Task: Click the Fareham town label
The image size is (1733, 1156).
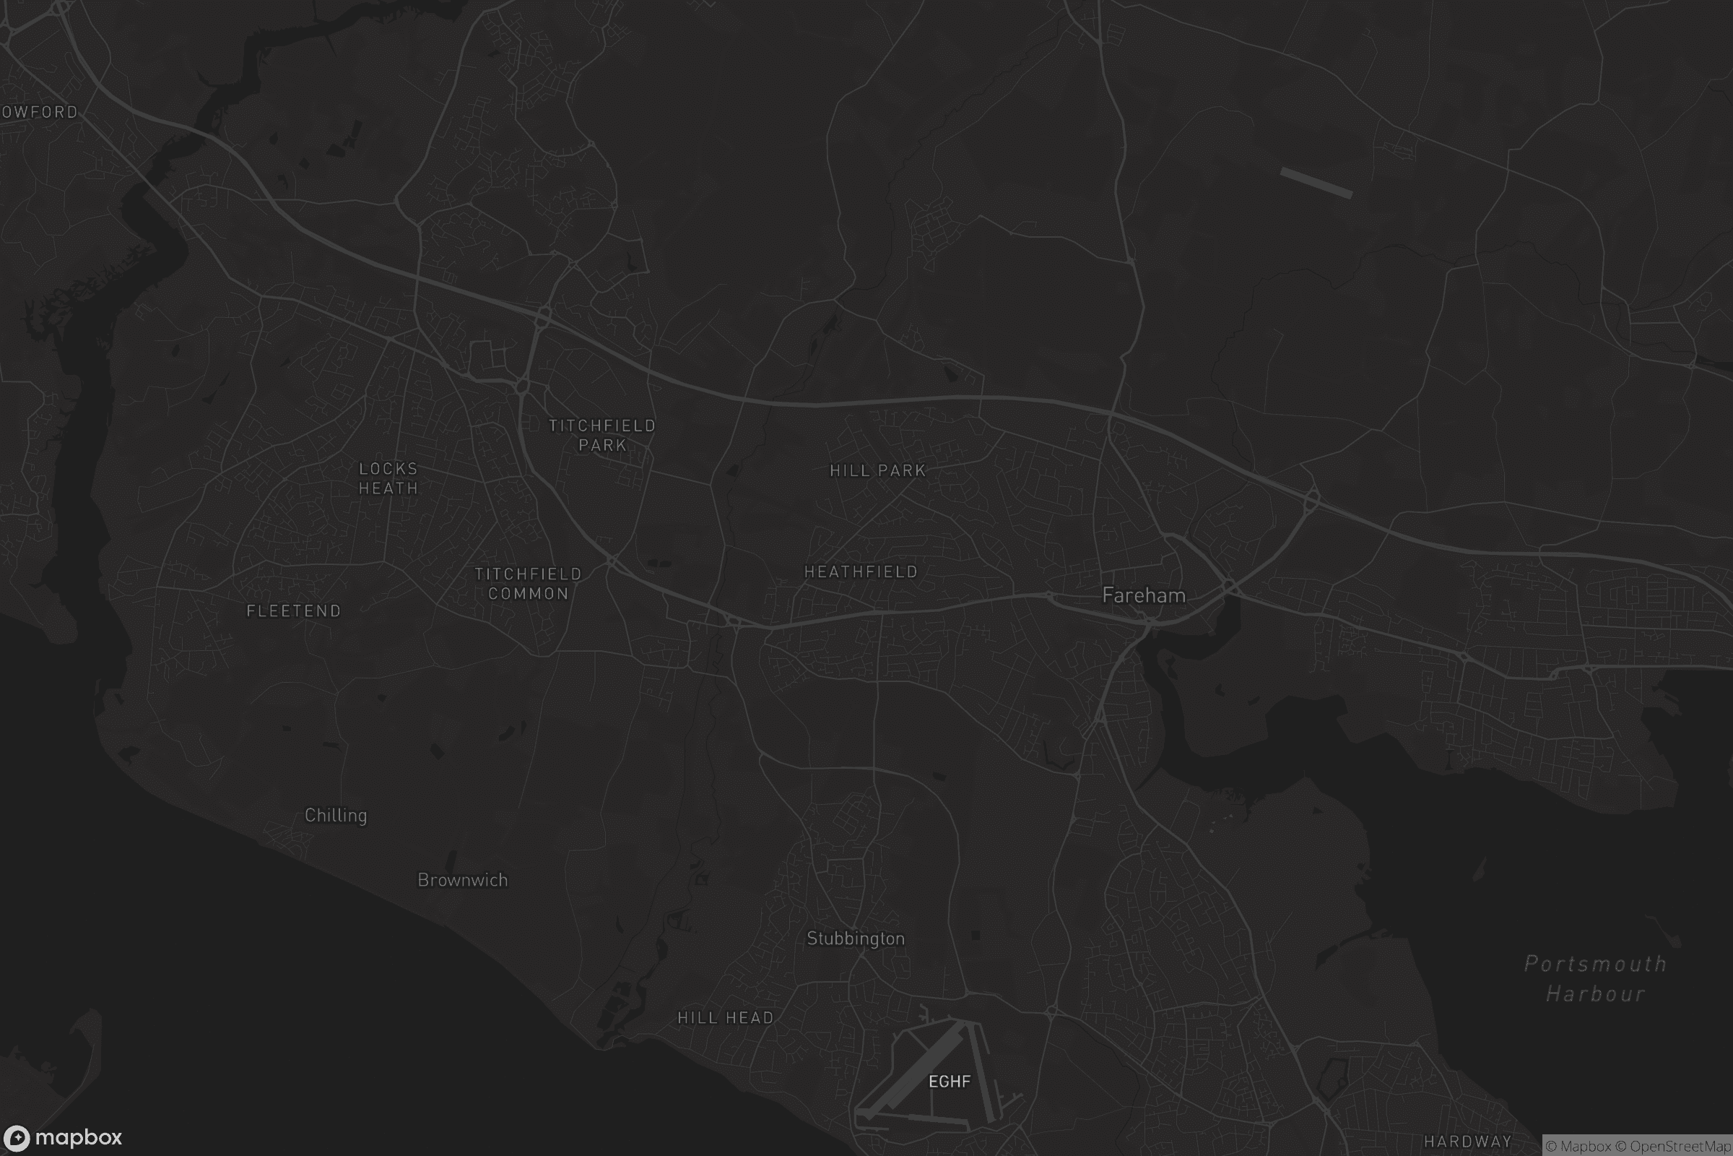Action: (1144, 595)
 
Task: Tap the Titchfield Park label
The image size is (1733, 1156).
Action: (602, 435)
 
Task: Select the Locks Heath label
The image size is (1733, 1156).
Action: (388, 478)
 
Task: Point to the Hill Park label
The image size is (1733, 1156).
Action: (877, 470)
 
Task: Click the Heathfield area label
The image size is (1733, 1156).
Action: (861, 572)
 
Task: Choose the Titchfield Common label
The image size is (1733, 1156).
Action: (529, 584)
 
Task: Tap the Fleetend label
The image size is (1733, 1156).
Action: (294, 611)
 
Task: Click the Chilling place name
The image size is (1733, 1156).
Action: (336, 816)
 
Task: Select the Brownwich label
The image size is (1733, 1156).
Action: (463, 879)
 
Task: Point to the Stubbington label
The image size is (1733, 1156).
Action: (856, 939)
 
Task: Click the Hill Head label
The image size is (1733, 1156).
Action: (726, 1018)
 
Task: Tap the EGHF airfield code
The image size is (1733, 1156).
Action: (950, 1082)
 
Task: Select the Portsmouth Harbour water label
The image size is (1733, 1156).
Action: (1595, 978)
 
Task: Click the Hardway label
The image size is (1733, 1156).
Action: (1468, 1142)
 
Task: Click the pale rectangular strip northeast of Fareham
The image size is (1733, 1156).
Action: (1316, 183)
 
